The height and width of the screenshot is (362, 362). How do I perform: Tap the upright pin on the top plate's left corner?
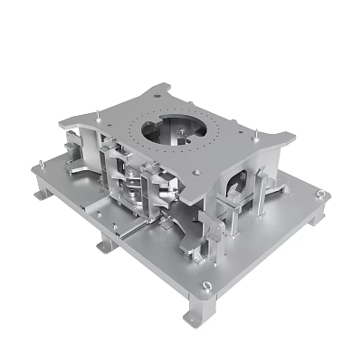[97, 114]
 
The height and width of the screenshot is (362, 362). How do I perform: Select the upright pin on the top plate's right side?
[260, 138]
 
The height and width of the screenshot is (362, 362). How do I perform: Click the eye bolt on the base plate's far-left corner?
[39, 164]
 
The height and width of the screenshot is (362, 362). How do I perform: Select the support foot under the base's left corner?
[42, 193]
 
